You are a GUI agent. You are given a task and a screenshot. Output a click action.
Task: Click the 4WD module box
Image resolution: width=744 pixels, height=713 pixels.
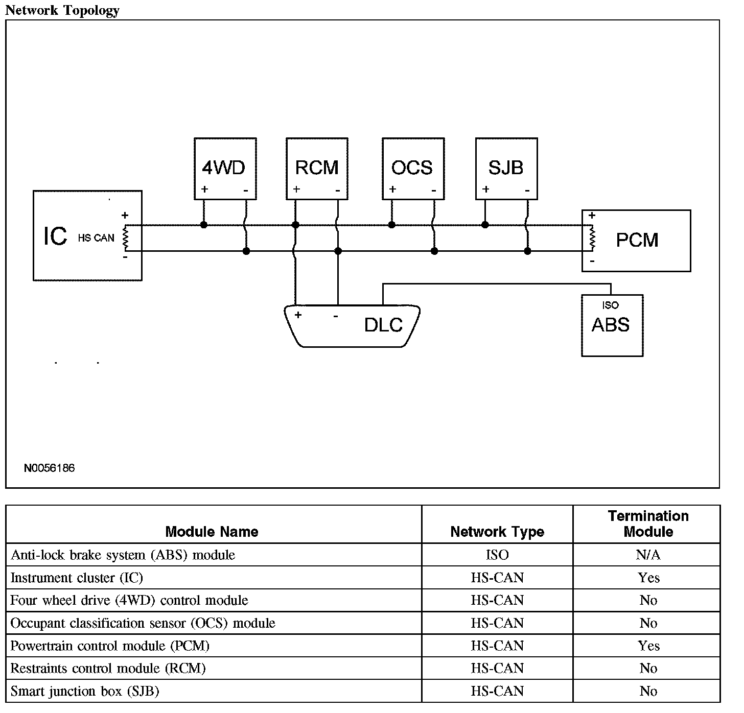coord(225,169)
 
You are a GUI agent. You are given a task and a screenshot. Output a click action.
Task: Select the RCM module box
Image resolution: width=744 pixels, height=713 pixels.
coord(317,169)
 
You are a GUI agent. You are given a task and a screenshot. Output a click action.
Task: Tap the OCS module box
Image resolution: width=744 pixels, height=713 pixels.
coord(413,169)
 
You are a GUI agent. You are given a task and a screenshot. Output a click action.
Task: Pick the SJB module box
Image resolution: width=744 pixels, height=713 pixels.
coord(506,169)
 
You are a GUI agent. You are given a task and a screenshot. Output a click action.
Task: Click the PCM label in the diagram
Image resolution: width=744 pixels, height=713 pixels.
coord(637,241)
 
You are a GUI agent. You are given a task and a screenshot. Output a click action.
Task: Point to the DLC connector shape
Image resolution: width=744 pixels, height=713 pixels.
coord(352,326)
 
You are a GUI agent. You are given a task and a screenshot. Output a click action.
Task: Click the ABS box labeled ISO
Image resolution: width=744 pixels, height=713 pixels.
coord(612,325)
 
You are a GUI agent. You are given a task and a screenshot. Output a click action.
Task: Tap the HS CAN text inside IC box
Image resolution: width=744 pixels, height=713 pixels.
coord(96,238)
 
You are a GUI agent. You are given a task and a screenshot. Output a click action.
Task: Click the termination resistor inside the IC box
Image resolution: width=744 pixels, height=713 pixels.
coord(125,237)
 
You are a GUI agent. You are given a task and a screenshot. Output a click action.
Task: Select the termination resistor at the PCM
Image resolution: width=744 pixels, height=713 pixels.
coord(592,237)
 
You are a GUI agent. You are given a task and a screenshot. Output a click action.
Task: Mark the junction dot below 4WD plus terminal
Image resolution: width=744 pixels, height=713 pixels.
coord(204,225)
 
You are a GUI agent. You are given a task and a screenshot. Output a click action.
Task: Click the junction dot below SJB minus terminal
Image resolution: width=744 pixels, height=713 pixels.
coord(527,251)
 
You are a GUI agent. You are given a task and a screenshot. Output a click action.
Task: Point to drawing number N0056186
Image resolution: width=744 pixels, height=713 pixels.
coord(50,468)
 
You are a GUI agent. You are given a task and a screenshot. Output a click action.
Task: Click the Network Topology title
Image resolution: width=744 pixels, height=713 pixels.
coord(62,10)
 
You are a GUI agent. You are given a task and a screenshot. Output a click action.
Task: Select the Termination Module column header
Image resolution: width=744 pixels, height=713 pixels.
coord(648,524)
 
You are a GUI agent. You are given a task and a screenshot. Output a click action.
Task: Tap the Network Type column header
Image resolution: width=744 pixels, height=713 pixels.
coord(497,532)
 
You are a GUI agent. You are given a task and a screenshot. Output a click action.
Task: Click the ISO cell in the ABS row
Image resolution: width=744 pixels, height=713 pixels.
coord(497,555)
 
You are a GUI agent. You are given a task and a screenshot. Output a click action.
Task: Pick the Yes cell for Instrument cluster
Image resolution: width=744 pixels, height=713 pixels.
coord(648,577)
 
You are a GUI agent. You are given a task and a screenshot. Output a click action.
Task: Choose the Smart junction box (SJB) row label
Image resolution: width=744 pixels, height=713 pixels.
coord(84,691)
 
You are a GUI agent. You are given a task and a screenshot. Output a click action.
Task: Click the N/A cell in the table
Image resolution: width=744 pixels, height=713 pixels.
coord(648,555)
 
